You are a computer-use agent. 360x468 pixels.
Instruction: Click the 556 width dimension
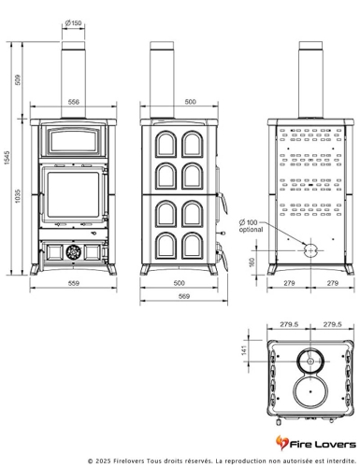click(x=73, y=102)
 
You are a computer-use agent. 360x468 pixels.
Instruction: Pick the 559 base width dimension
click(x=73, y=285)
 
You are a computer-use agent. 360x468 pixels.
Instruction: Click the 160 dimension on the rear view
click(x=251, y=261)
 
